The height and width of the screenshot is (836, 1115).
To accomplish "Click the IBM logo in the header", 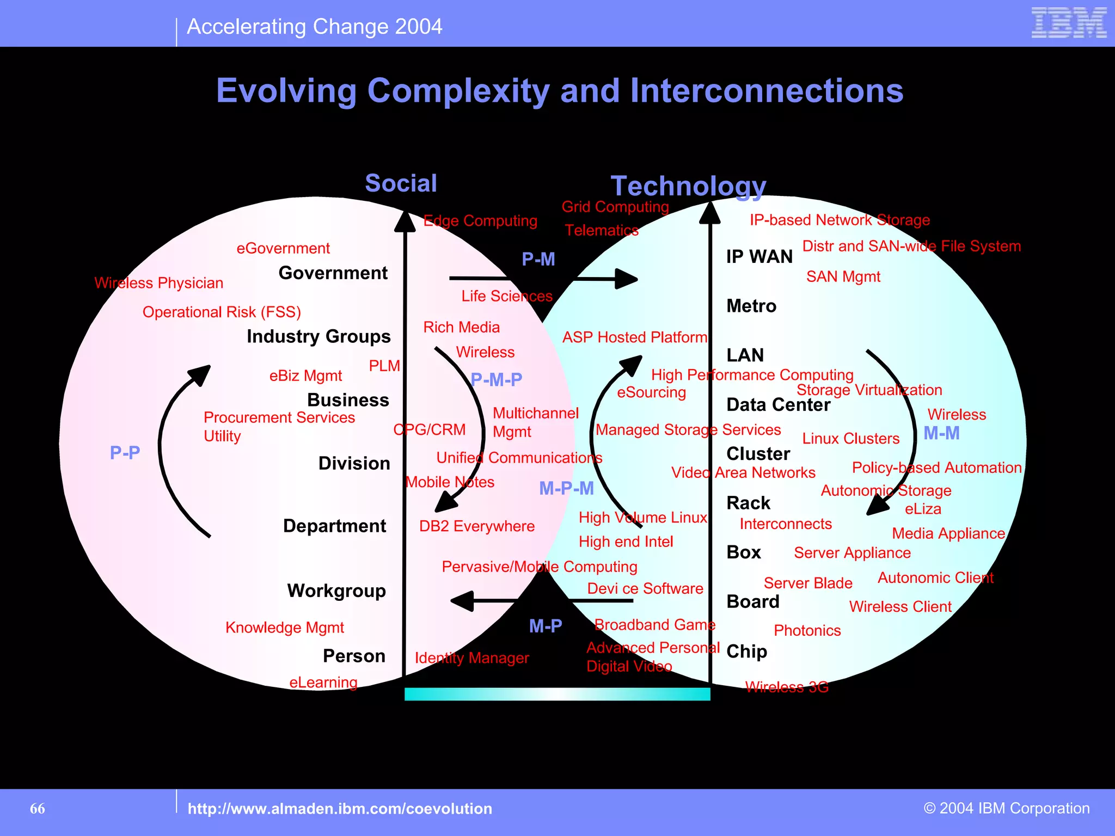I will click(1069, 23).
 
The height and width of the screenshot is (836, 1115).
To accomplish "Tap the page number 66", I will click(38, 809).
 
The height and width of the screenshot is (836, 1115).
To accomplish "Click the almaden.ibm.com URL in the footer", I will click(340, 809).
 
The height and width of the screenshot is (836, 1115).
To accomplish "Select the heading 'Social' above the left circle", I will click(401, 183).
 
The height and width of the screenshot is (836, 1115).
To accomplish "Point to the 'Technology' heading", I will click(688, 186).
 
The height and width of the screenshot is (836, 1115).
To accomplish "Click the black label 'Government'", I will click(333, 273).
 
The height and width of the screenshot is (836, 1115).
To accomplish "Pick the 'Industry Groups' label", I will click(318, 336).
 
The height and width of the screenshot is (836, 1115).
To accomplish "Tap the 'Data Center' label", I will click(778, 405).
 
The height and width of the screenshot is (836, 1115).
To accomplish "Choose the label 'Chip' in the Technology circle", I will click(746, 651).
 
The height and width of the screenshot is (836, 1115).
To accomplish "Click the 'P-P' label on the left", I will click(125, 452).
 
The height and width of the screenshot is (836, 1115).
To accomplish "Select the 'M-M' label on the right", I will click(941, 433).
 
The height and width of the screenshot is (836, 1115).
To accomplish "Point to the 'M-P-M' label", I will click(566, 489).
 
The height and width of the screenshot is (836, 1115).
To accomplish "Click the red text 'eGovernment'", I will click(283, 248).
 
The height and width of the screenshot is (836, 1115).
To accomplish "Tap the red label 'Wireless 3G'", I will click(787, 687).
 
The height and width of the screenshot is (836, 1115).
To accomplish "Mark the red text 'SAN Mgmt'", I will click(843, 277).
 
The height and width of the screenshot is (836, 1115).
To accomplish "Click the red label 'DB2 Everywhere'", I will click(477, 526).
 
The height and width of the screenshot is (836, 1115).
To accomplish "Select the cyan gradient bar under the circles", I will click(557, 694).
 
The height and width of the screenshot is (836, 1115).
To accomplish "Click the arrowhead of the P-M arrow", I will click(627, 279).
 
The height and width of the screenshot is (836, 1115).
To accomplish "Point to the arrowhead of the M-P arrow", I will click(462, 601).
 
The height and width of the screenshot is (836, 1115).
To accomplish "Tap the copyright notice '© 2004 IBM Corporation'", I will click(1007, 808).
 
